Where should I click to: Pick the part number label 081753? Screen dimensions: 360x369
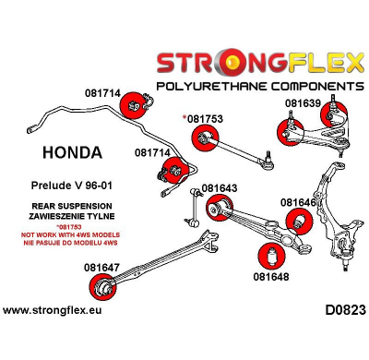205,120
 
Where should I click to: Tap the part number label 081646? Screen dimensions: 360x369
299,202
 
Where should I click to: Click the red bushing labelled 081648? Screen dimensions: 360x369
274,254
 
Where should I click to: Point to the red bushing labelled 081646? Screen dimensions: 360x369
299,222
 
